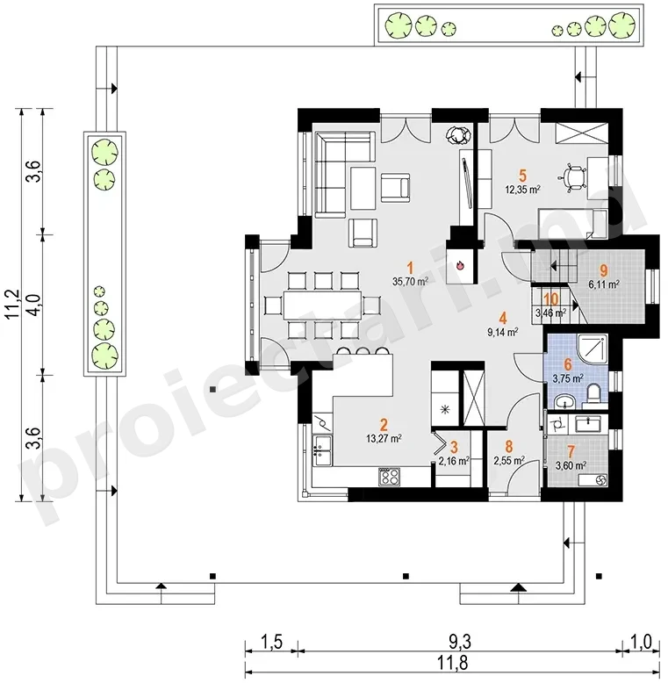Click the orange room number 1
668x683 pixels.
(409, 268)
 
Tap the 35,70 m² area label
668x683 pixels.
(410, 282)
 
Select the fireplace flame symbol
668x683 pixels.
(460, 264)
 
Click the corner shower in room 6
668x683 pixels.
(593, 349)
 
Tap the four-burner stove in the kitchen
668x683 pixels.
(390, 476)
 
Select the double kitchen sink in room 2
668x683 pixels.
(322, 451)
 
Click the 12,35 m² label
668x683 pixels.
(522, 190)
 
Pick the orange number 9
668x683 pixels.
(604, 270)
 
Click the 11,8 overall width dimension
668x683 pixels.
(455, 663)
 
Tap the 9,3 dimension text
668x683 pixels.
(460, 642)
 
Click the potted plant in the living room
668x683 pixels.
(458, 135)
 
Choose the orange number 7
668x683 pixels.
(571, 452)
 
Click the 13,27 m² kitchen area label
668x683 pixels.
(384, 438)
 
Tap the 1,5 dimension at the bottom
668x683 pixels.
(272, 642)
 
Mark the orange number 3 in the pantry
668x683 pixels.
(454, 447)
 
